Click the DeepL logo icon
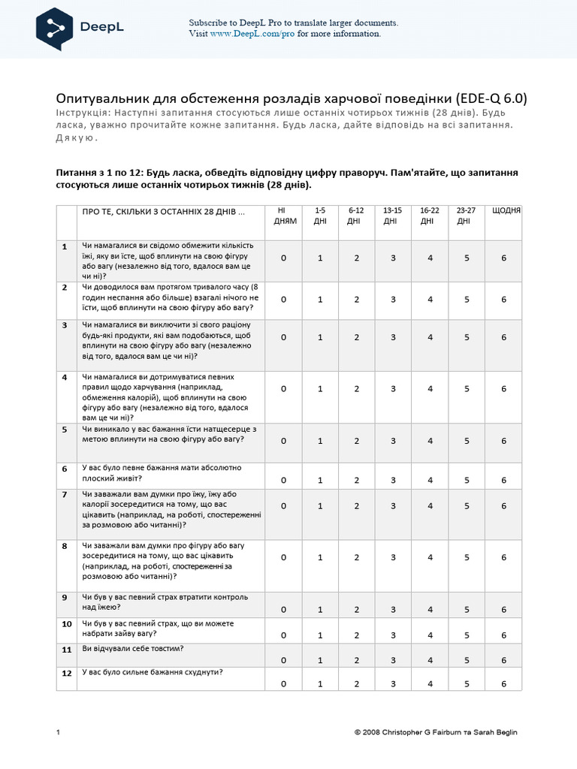(56, 29)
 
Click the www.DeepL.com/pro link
(252, 34)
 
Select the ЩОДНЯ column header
(506, 210)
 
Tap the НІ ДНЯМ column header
(285, 216)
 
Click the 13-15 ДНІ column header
(392, 216)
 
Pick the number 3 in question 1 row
(393, 258)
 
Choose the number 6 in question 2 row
(504, 299)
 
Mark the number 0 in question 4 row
(284, 389)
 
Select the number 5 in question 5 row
(467, 441)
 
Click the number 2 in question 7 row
(357, 506)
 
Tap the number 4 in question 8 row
(430, 557)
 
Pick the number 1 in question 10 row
(320, 635)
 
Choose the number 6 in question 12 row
(504, 684)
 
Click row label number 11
(66, 649)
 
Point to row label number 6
(65, 469)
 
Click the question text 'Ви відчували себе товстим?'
(133, 648)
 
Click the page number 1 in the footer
(58, 732)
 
